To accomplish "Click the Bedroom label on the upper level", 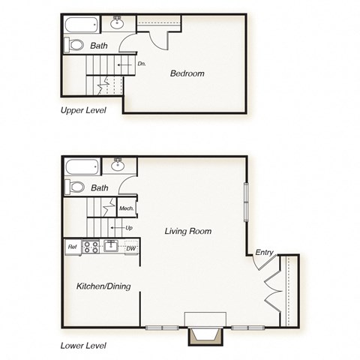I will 187,73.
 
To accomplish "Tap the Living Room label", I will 187,232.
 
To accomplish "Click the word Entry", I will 264,253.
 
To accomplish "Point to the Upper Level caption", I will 83,109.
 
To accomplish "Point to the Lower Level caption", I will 83,346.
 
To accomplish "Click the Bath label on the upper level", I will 99,46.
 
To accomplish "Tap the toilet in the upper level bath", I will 75,46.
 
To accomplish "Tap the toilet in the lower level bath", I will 75,187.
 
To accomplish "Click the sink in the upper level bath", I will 118,22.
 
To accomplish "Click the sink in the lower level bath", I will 118,164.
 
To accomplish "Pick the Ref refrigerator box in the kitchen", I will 73,246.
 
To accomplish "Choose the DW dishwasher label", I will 130,248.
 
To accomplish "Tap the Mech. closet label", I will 125,208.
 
